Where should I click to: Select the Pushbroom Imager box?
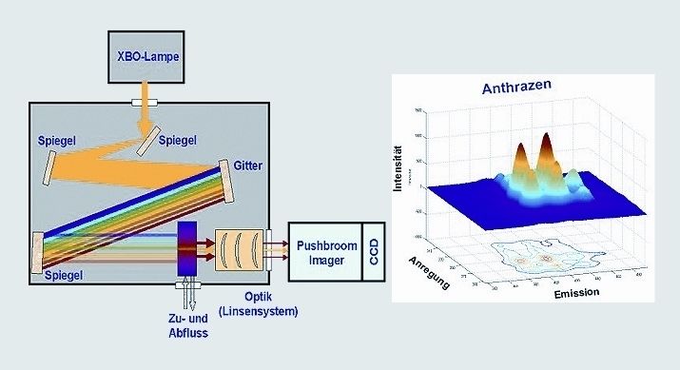(322, 254)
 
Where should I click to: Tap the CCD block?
(375, 254)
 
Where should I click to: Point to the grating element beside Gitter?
(231, 174)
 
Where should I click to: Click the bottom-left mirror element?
(37, 254)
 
